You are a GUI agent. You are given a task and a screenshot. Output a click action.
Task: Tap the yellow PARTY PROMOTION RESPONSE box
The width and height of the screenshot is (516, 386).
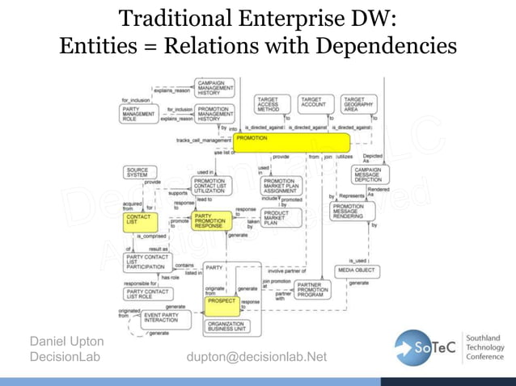click(214, 220)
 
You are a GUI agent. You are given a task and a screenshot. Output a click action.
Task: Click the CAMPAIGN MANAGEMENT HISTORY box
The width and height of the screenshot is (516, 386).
click(214, 87)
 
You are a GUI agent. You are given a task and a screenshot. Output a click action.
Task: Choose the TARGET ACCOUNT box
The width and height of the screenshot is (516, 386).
click(313, 103)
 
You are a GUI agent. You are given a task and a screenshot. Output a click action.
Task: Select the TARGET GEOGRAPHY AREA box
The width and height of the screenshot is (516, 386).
click(358, 105)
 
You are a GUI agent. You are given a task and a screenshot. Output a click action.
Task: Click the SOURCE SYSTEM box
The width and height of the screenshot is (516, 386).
click(138, 172)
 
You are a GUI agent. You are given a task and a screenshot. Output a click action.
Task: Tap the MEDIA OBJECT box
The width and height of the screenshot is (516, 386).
click(356, 270)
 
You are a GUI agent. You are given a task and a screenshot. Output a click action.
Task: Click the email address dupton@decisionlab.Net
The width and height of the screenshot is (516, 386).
click(256, 356)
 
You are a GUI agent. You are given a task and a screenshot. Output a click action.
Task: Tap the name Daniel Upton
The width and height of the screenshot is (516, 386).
click(66, 342)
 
